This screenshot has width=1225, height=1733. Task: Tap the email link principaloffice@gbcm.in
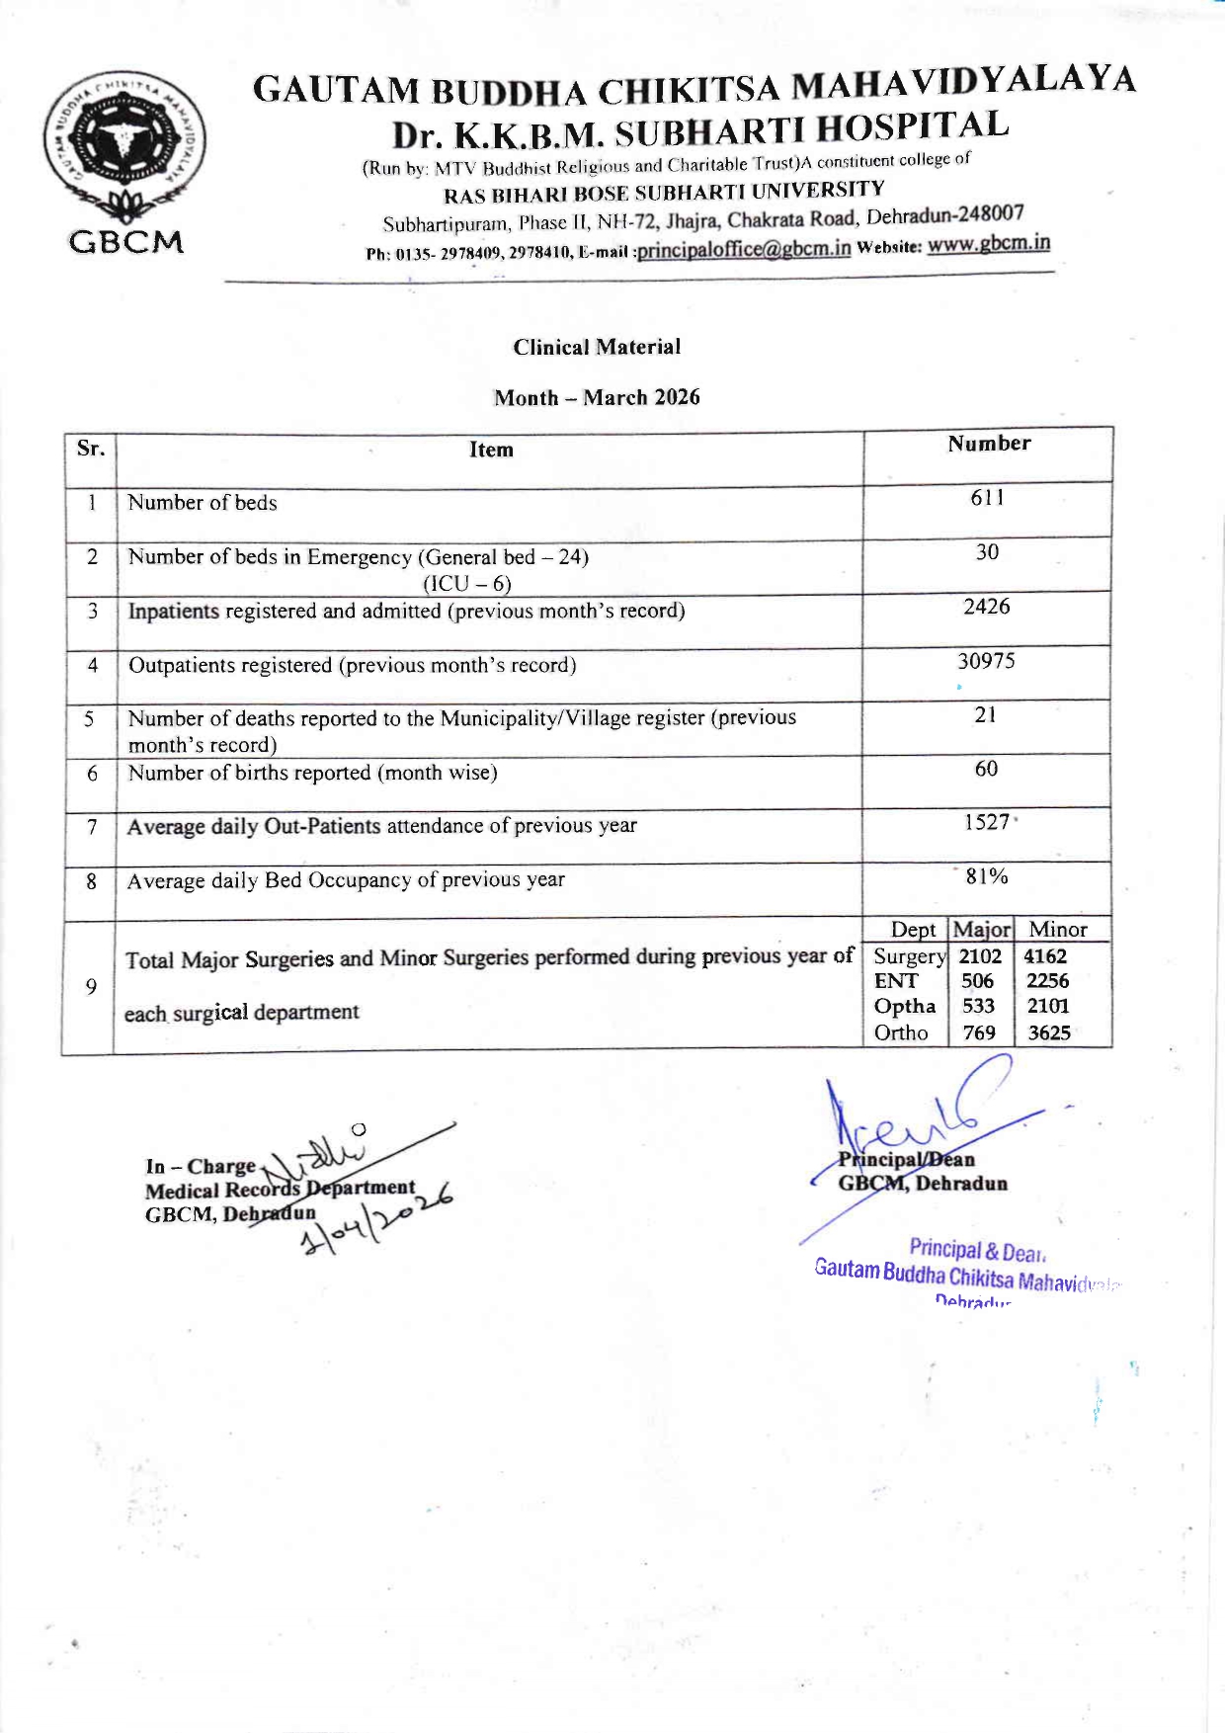743,249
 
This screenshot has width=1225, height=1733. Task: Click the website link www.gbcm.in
988,243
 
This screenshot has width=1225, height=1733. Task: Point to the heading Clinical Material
597,347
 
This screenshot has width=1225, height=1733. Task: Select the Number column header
989,444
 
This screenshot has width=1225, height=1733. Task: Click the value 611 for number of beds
987,497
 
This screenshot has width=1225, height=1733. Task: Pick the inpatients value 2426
987,606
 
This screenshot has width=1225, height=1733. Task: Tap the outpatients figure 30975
986,660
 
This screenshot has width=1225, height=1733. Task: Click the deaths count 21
986,714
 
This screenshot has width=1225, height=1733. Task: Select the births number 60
986,768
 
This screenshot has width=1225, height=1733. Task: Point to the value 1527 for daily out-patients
987,822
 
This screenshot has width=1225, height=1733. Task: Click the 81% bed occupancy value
987,876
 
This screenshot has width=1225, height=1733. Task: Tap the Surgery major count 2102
980,956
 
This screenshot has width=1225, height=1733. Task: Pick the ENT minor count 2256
1047,981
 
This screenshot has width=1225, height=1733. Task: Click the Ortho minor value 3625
1049,1033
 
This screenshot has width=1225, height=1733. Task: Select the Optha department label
904,1007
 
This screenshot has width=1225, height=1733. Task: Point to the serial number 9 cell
91,987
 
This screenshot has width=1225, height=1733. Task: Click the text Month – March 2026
597,397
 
